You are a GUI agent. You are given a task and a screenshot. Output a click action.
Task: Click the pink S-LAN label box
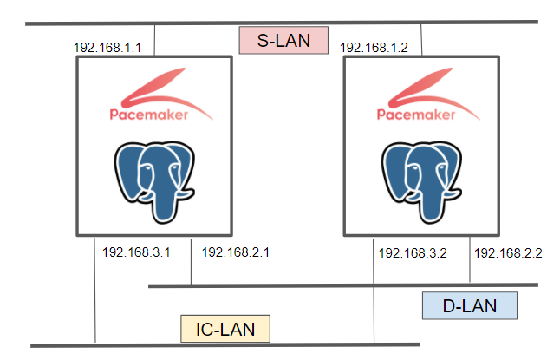(x=285, y=40)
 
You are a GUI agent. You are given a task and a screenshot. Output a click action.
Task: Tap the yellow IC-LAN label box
(x=225, y=329)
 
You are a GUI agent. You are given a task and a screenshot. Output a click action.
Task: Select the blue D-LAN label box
(x=469, y=306)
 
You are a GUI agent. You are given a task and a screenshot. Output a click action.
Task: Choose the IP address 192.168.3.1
(x=136, y=252)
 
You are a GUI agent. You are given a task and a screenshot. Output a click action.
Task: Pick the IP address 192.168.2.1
(x=236, y=252)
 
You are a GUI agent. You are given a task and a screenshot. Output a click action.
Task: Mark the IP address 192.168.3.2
(x=413, y=252)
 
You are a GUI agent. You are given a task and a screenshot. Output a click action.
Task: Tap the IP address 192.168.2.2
(x=508, y=252)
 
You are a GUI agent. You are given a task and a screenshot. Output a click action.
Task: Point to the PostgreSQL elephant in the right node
(x=421, y=177)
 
